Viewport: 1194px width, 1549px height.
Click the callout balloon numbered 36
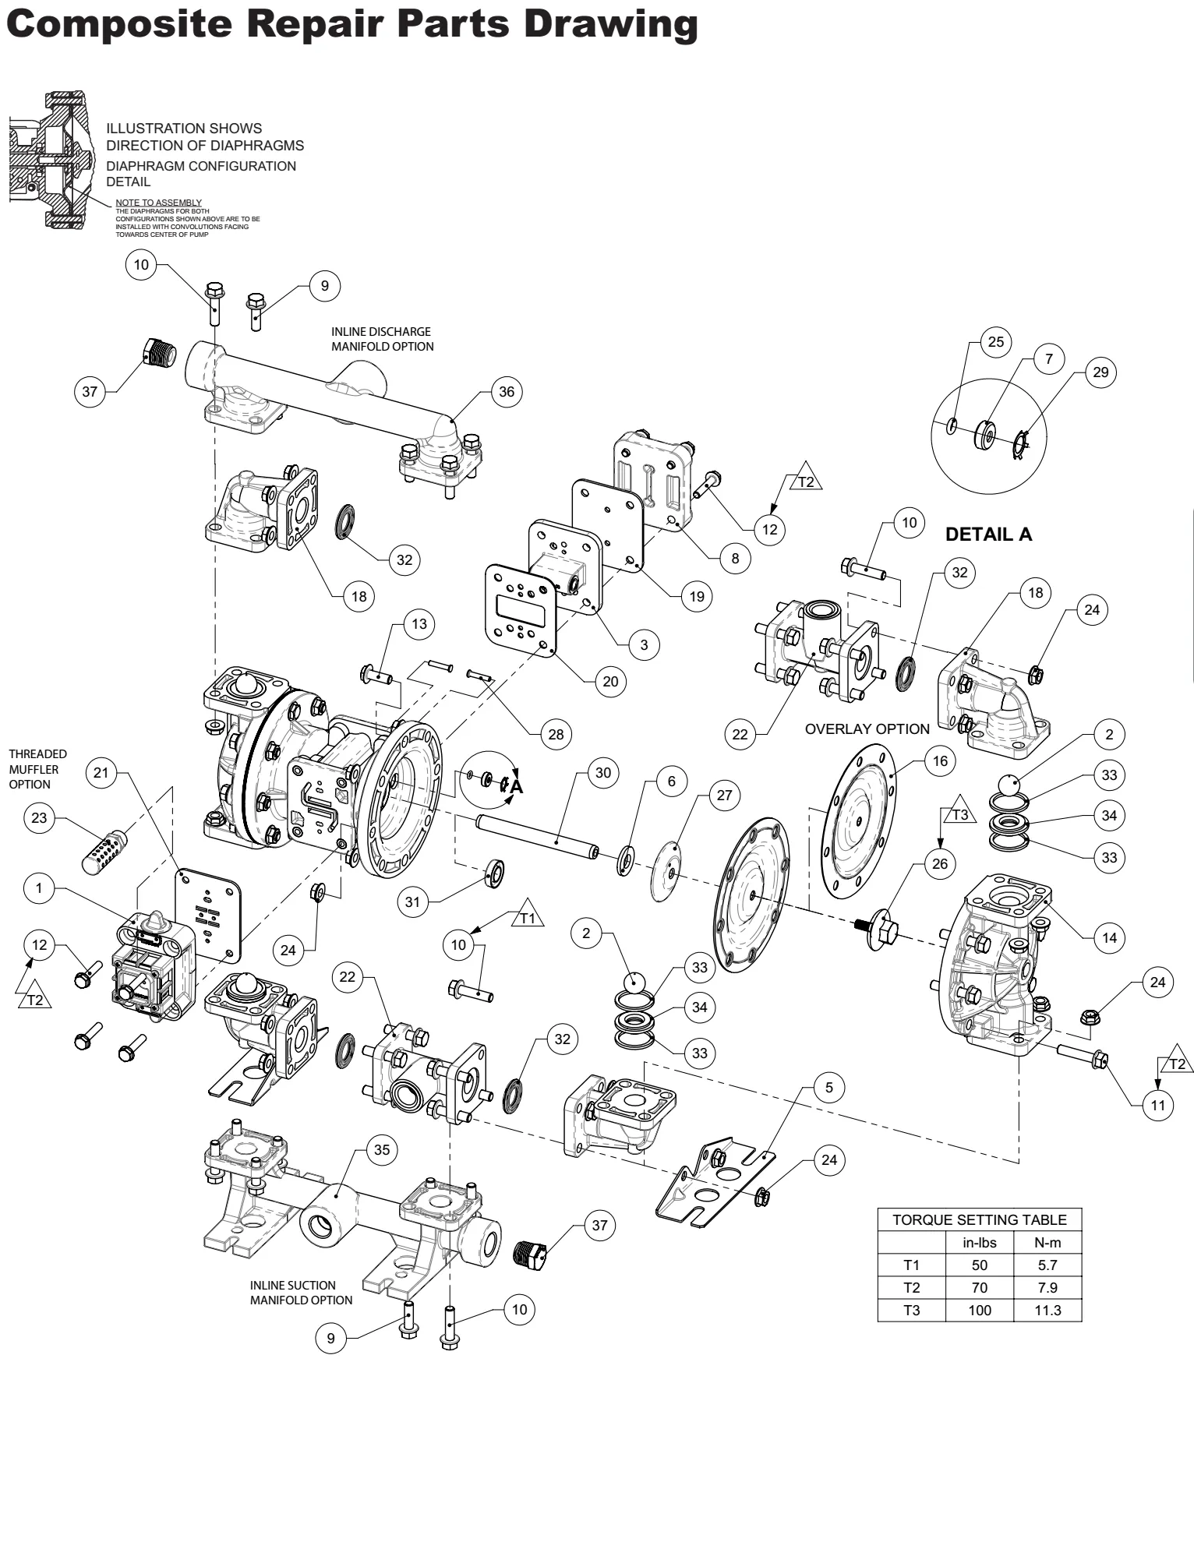click(507, 391)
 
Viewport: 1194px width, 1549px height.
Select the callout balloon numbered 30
click(603, 772)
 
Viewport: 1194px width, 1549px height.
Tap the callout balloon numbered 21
click(101, 772)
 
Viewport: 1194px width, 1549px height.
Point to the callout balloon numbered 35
click(382, 1149)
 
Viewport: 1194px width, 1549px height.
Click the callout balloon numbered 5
click(829, 1087)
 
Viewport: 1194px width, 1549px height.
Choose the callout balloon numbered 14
click(1109, 937)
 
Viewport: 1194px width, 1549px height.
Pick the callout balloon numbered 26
click(940, 863)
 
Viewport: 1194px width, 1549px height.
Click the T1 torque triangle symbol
click(529, 918)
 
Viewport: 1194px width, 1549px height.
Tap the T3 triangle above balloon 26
click(960, 814)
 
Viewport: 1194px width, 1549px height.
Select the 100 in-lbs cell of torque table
click(979, 1310)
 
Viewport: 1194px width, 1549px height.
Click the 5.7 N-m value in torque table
click(1047, 1265)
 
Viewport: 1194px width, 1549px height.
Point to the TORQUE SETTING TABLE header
click(979, 1219)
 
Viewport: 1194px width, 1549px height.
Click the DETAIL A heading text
click(988, 535)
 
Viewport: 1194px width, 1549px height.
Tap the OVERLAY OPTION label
click(867, 729)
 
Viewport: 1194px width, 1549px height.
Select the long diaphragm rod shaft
click(538, 836)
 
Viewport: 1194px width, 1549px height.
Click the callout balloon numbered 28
click(556, 734)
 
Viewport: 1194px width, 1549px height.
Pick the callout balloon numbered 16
click(940, 760)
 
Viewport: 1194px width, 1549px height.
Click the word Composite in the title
click(118, 23)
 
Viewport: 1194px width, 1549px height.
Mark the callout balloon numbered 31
click(413, 902)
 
